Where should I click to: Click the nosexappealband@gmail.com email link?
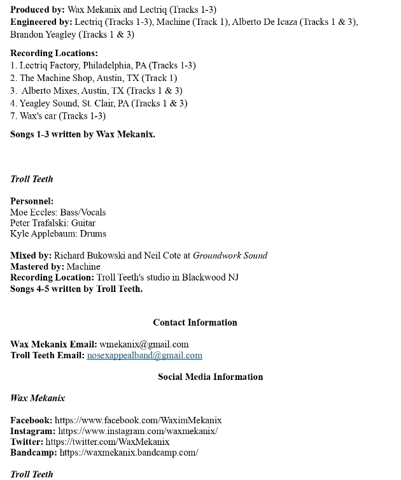144,355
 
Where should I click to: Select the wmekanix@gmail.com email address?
144,344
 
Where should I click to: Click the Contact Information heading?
195,323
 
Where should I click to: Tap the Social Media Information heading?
210,377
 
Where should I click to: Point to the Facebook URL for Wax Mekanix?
138,420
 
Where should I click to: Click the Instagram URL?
137,431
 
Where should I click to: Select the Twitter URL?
108,441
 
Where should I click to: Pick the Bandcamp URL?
129,453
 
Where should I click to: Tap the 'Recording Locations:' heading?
54,53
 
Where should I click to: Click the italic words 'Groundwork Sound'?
230,256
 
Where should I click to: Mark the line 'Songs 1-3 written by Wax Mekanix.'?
83,135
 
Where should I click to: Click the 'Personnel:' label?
32,201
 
